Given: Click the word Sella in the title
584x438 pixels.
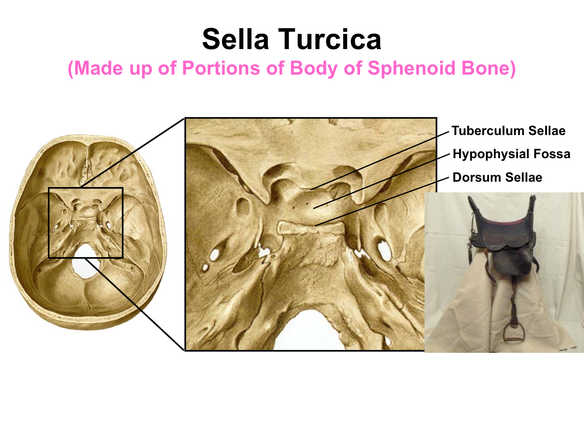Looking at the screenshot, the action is coord(236,39).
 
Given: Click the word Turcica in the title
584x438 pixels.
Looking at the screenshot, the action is coord(330,39).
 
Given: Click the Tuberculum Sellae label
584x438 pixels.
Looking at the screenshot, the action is coord(509,131).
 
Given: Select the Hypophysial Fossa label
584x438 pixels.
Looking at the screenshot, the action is coord(511,154).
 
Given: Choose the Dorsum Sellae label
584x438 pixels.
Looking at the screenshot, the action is coord(497,177).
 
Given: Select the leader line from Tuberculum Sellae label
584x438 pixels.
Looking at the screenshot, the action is coord(380,161).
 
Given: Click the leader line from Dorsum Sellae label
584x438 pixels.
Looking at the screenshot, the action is coord(382,201).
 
